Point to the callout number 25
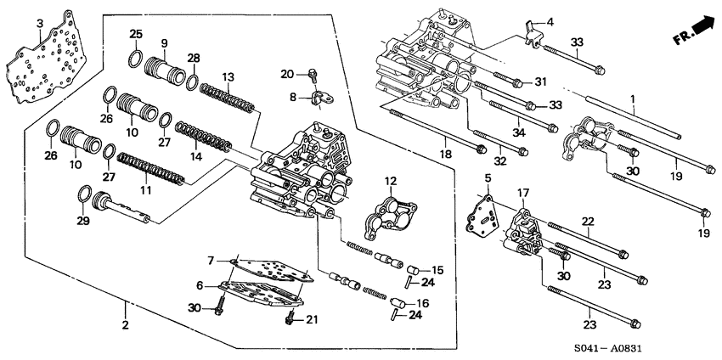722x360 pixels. [136, 33]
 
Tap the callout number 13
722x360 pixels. [227, 76]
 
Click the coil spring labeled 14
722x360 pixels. [203, 138]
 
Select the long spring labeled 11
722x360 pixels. [149, 167]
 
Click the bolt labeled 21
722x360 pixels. [289, 319]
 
